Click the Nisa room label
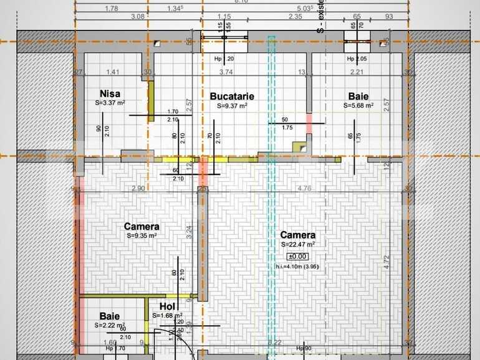pyautogui.click(x=110, y=93)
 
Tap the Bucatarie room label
pyautogui.click(x=231, y=97)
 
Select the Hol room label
pyautogui.click(x=167, y=306)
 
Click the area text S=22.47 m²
pyautogui.click(x=297, y=244)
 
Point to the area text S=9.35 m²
pyautogui.click(x=142, y=236)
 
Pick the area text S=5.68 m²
pyautogui.click(x=358, y=106)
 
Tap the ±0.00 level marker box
pyautogui.click(x=297, y=256)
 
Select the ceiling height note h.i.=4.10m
pyautogui.click(x=297, y=267)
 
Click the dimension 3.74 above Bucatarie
pyautogui.click(x=226, y=72)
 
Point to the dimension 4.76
pyautogui.click(x=304, y=188)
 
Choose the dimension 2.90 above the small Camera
pyautogui.click(x=138, y=188)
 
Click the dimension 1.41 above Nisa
pyautogui.click(x=112, y=72)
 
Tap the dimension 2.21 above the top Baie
pyautogui.click(x=356, y=72)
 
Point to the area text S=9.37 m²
pyautogui.click(x=232, y=106)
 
